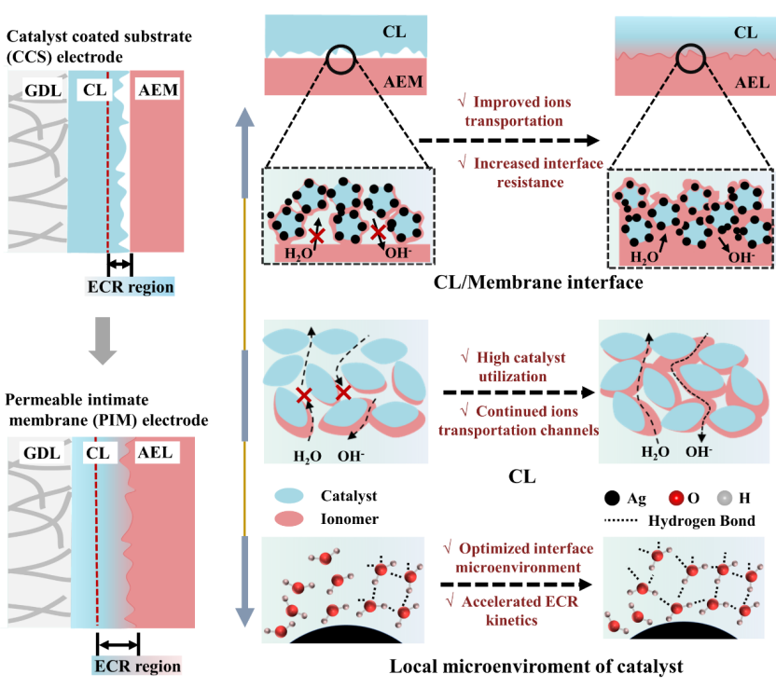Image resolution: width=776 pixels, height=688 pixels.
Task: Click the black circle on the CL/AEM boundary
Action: (340, 60)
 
